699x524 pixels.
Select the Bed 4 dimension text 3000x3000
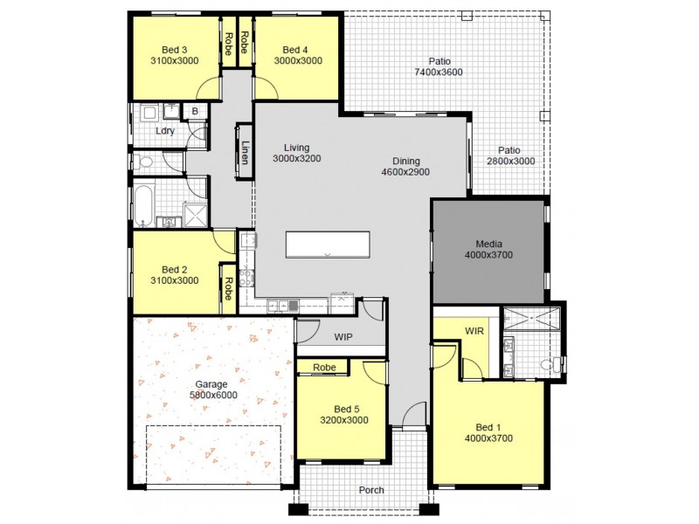coord(298,61)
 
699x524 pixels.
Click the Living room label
coord(297,148)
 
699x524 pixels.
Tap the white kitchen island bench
coord(328,244)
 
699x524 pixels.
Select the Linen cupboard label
coord(246,153)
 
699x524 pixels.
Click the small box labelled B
coord(194,111)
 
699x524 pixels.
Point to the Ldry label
coord(165,131)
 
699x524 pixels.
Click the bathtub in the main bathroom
coord(143,206)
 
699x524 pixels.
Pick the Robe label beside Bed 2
coord(228,289)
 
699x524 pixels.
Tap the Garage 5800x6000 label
coord(213,390)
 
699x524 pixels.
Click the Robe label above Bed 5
coord(324,368)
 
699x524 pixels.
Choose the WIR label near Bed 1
coord(474,331)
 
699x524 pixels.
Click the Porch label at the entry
coord(371,490)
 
